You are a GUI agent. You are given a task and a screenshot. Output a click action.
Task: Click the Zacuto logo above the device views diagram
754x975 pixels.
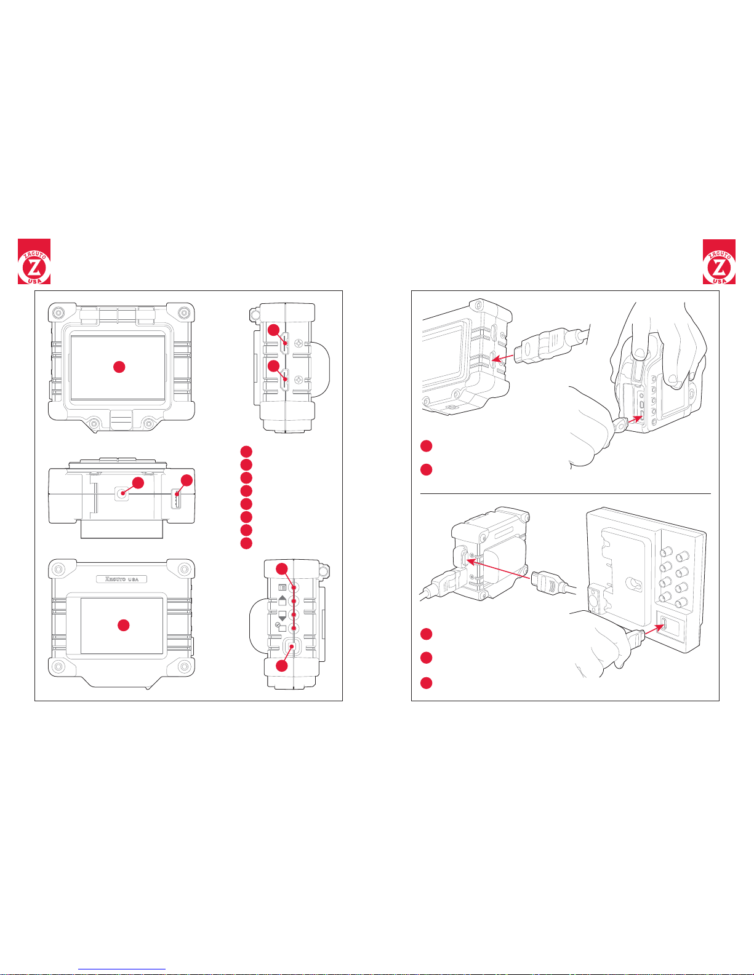coord(34,261)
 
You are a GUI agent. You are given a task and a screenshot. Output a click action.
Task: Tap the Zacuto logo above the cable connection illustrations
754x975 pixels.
coord(719,261)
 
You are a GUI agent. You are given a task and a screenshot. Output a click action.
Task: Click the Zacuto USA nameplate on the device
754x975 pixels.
coord(122,579)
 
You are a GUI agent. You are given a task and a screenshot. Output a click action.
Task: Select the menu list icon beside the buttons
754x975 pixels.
coord(282,587)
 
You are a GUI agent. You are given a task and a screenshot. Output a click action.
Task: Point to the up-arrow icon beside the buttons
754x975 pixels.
coord(282,600)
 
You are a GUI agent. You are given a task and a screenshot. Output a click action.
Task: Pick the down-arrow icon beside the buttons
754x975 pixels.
coord(282,616)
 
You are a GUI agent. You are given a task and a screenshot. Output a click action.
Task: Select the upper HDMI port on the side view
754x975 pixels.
coord(285,343)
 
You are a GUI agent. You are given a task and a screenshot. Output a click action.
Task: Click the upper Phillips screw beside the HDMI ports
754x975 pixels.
coord(297,343)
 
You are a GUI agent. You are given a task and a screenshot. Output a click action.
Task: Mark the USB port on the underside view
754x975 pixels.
coord(177,499)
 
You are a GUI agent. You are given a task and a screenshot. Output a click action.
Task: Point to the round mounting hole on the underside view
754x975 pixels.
coord(122,493)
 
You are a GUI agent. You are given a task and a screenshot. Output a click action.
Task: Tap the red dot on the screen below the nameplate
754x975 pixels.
coord(124,625)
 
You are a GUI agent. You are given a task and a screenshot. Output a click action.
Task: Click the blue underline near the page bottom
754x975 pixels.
coord(122,969)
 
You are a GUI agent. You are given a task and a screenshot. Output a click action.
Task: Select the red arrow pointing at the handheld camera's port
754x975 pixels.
coord(634,420)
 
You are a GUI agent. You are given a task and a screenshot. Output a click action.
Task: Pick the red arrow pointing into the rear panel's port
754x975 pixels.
coord(654,629)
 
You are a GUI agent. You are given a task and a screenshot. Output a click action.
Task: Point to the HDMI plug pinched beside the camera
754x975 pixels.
coord(620,424)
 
